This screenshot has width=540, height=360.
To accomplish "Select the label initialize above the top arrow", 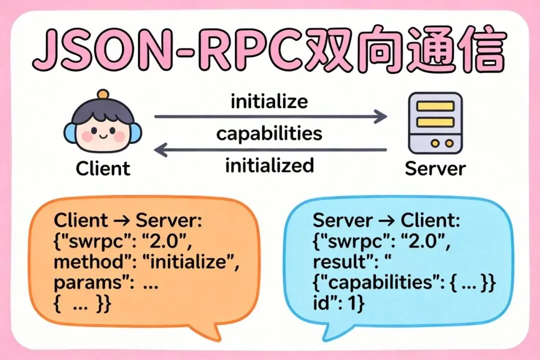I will pos(269,101).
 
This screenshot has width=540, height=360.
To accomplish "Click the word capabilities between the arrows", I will pos(269,133).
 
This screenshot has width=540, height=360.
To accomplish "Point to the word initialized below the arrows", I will pos(269,165).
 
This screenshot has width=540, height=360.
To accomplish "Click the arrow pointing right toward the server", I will pos(270,117).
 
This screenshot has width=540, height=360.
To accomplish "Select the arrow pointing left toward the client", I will pos(270,149).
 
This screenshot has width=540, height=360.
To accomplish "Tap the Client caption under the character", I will pos(103,168).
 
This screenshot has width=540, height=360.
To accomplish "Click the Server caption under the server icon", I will pos(434,168).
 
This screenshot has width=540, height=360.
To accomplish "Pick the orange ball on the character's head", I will pos(103,94).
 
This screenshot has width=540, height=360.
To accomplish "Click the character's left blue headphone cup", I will pos(69,132).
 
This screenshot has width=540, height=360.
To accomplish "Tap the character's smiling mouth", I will pos(102,136).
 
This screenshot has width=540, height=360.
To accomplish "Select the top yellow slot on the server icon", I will pos(435,106).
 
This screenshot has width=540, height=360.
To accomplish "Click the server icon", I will pos(435,122).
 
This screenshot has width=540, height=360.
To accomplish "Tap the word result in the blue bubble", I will pos(336,261).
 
